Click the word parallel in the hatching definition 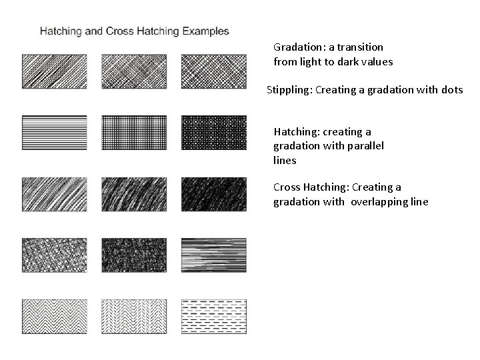[366, 146]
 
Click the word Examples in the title [205, 31]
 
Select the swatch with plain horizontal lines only [54, 133]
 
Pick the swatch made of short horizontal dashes [213, 317]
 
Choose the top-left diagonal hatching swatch [54, 71]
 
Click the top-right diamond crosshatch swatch [213, 71]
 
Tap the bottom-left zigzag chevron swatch [54, 317]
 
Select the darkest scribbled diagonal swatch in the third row [213, 194]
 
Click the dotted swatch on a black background [213, 133]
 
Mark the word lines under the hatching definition [285, 161]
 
